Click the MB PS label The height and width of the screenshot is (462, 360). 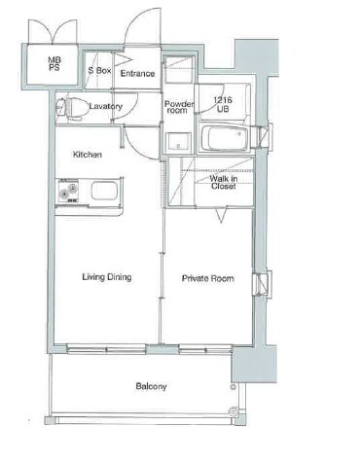coord(54,63)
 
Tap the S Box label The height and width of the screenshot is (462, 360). coord(99,70)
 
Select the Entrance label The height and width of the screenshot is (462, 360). coord(137,74)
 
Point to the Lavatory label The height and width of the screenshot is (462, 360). coord(106,106)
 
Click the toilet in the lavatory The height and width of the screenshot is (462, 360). coord(72,107)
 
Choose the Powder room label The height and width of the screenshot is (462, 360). coord(179,107)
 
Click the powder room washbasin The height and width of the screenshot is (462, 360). coord(178,142)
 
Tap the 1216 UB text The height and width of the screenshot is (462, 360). coord(223,104)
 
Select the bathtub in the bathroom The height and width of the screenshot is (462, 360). coord(225,138)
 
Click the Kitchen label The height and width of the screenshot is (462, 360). coord(88,155)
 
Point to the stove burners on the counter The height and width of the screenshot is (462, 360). coord(68,191)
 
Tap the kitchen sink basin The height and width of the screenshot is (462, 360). coord(103,191)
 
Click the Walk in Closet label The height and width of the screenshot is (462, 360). coord(223,182)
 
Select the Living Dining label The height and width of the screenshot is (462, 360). coord(107,277)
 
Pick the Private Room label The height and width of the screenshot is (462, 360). coord(207,278)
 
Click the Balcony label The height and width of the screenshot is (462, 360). coord(151,386)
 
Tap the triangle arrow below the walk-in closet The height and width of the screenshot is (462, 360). coord(222,216)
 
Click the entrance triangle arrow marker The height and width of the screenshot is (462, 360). coord(124,59)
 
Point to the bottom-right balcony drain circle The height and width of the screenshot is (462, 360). coord(234,411)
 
